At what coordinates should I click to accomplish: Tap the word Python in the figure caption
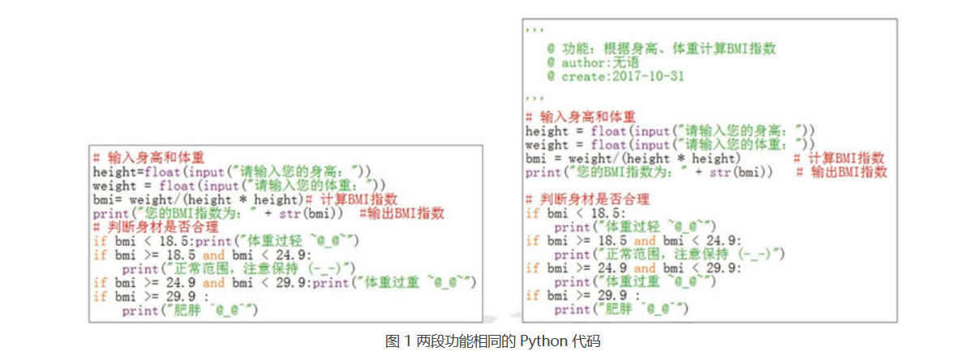pyautogui.click(x=541, y=341)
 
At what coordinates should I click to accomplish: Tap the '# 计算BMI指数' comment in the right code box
pyautogui.click(x=839, y=158)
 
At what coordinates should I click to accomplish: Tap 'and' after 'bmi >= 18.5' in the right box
pyautogui.click(x=645, y=241)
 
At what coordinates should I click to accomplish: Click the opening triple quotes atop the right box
pyautogui.click(x=533, y=31)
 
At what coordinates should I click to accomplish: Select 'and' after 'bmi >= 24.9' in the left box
pyautogui.click(x=213, y=282)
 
